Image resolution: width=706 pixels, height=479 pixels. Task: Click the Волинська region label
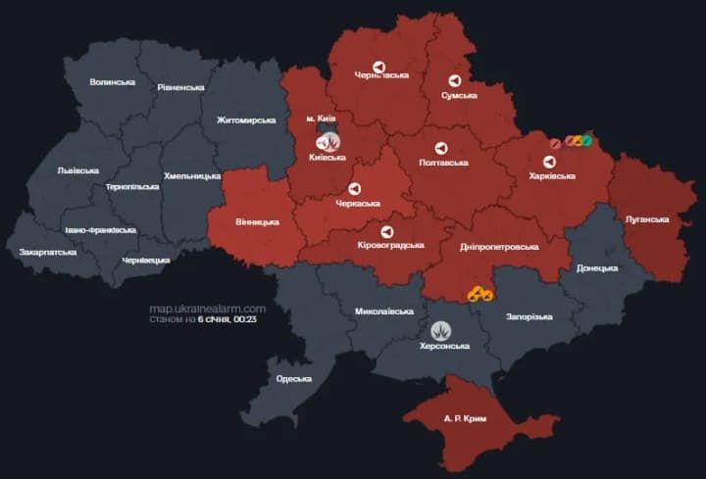click(x=112, y=81)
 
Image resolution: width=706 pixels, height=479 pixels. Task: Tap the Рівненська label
click(x=180, y=87)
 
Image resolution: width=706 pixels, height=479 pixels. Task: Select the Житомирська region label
click(x=246, y=120)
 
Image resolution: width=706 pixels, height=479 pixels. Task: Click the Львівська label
click(x=77, y=169)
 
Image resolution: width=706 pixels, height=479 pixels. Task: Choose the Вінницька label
click(x=257, y=222)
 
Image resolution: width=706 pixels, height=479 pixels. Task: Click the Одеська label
click(x=294, y=379)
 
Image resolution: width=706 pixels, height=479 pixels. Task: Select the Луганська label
click(x=648, y=218)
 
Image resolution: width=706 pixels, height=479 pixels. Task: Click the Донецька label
click(x=597, y=267)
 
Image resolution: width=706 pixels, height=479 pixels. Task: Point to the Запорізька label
click(x=529, y=316)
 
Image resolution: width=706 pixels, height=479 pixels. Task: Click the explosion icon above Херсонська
click(x=443, y=330)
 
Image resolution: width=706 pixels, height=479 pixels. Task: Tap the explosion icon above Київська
click(x=328, y=142)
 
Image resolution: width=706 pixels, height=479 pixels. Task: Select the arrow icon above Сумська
click(x=454, y=79)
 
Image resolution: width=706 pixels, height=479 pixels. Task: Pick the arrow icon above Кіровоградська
click(x=386, y=231)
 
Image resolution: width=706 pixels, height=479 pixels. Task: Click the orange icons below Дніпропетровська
click(x=479, y=293)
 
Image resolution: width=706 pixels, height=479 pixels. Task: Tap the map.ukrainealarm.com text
click(x=207, y=309)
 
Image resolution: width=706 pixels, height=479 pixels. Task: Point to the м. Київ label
click(x=323, y=119)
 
